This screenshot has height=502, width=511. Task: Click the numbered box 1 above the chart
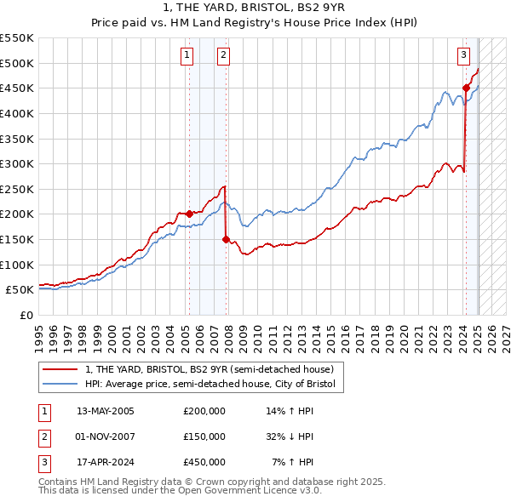(187, 56)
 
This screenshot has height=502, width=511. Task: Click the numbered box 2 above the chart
(223, 56)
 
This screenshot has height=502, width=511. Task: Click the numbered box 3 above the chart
(464, 56)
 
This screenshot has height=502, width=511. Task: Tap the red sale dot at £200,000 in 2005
(189, 214)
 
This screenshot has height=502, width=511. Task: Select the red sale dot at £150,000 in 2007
(226, 240)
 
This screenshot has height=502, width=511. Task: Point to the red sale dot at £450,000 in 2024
(466, 88)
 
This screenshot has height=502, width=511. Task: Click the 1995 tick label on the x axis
(39, 333)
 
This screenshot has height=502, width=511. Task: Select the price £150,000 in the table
(204, 436)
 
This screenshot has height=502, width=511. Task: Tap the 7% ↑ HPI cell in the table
(293, 462)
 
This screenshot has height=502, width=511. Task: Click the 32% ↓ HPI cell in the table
(290, 436)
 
